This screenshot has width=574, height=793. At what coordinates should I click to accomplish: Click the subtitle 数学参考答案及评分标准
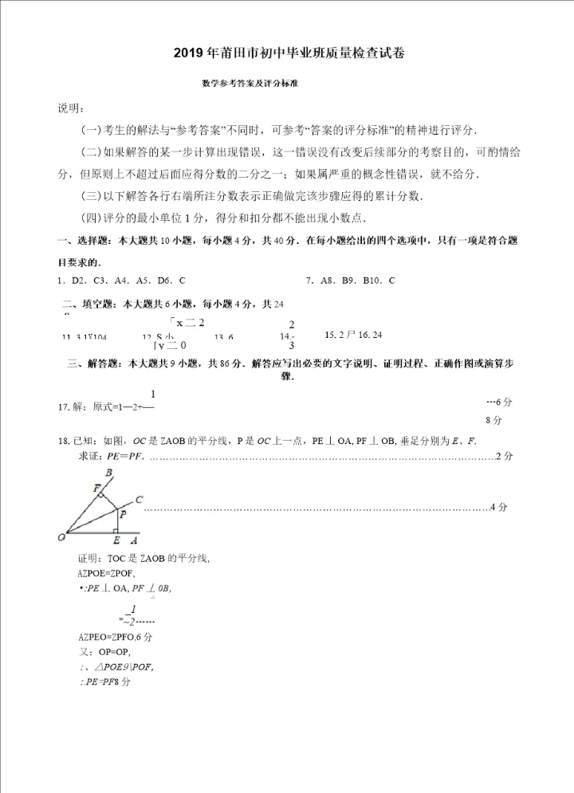coord(254,82)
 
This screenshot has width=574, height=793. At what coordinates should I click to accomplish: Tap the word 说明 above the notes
coord(69,108)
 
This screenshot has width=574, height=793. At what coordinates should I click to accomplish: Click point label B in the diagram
coord(108,473)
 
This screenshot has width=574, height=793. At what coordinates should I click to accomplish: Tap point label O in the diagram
coord(61,537)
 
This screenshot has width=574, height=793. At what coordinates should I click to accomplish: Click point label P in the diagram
coord(122,516)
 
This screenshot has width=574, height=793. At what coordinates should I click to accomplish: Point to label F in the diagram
coord(96,487)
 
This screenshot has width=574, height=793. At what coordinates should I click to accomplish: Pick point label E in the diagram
coord(116,540)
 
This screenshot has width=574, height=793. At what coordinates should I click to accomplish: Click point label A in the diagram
coord(133,540)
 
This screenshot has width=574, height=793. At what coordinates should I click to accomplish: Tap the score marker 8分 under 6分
coord(493,420)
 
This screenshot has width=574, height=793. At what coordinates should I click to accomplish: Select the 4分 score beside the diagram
coord(498,507)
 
